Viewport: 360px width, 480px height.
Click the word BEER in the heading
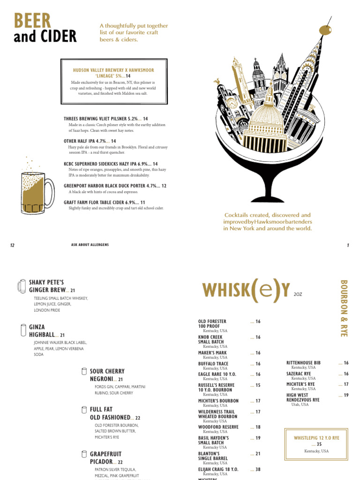click(x=32, y=21)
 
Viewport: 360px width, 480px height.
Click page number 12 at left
click(x=12, y=245)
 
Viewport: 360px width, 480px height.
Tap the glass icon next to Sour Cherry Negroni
click(x=84, y=371)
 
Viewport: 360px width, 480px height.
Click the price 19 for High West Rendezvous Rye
click(x=346, y=395)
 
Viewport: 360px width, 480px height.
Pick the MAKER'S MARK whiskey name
click(x=212, y=353)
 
